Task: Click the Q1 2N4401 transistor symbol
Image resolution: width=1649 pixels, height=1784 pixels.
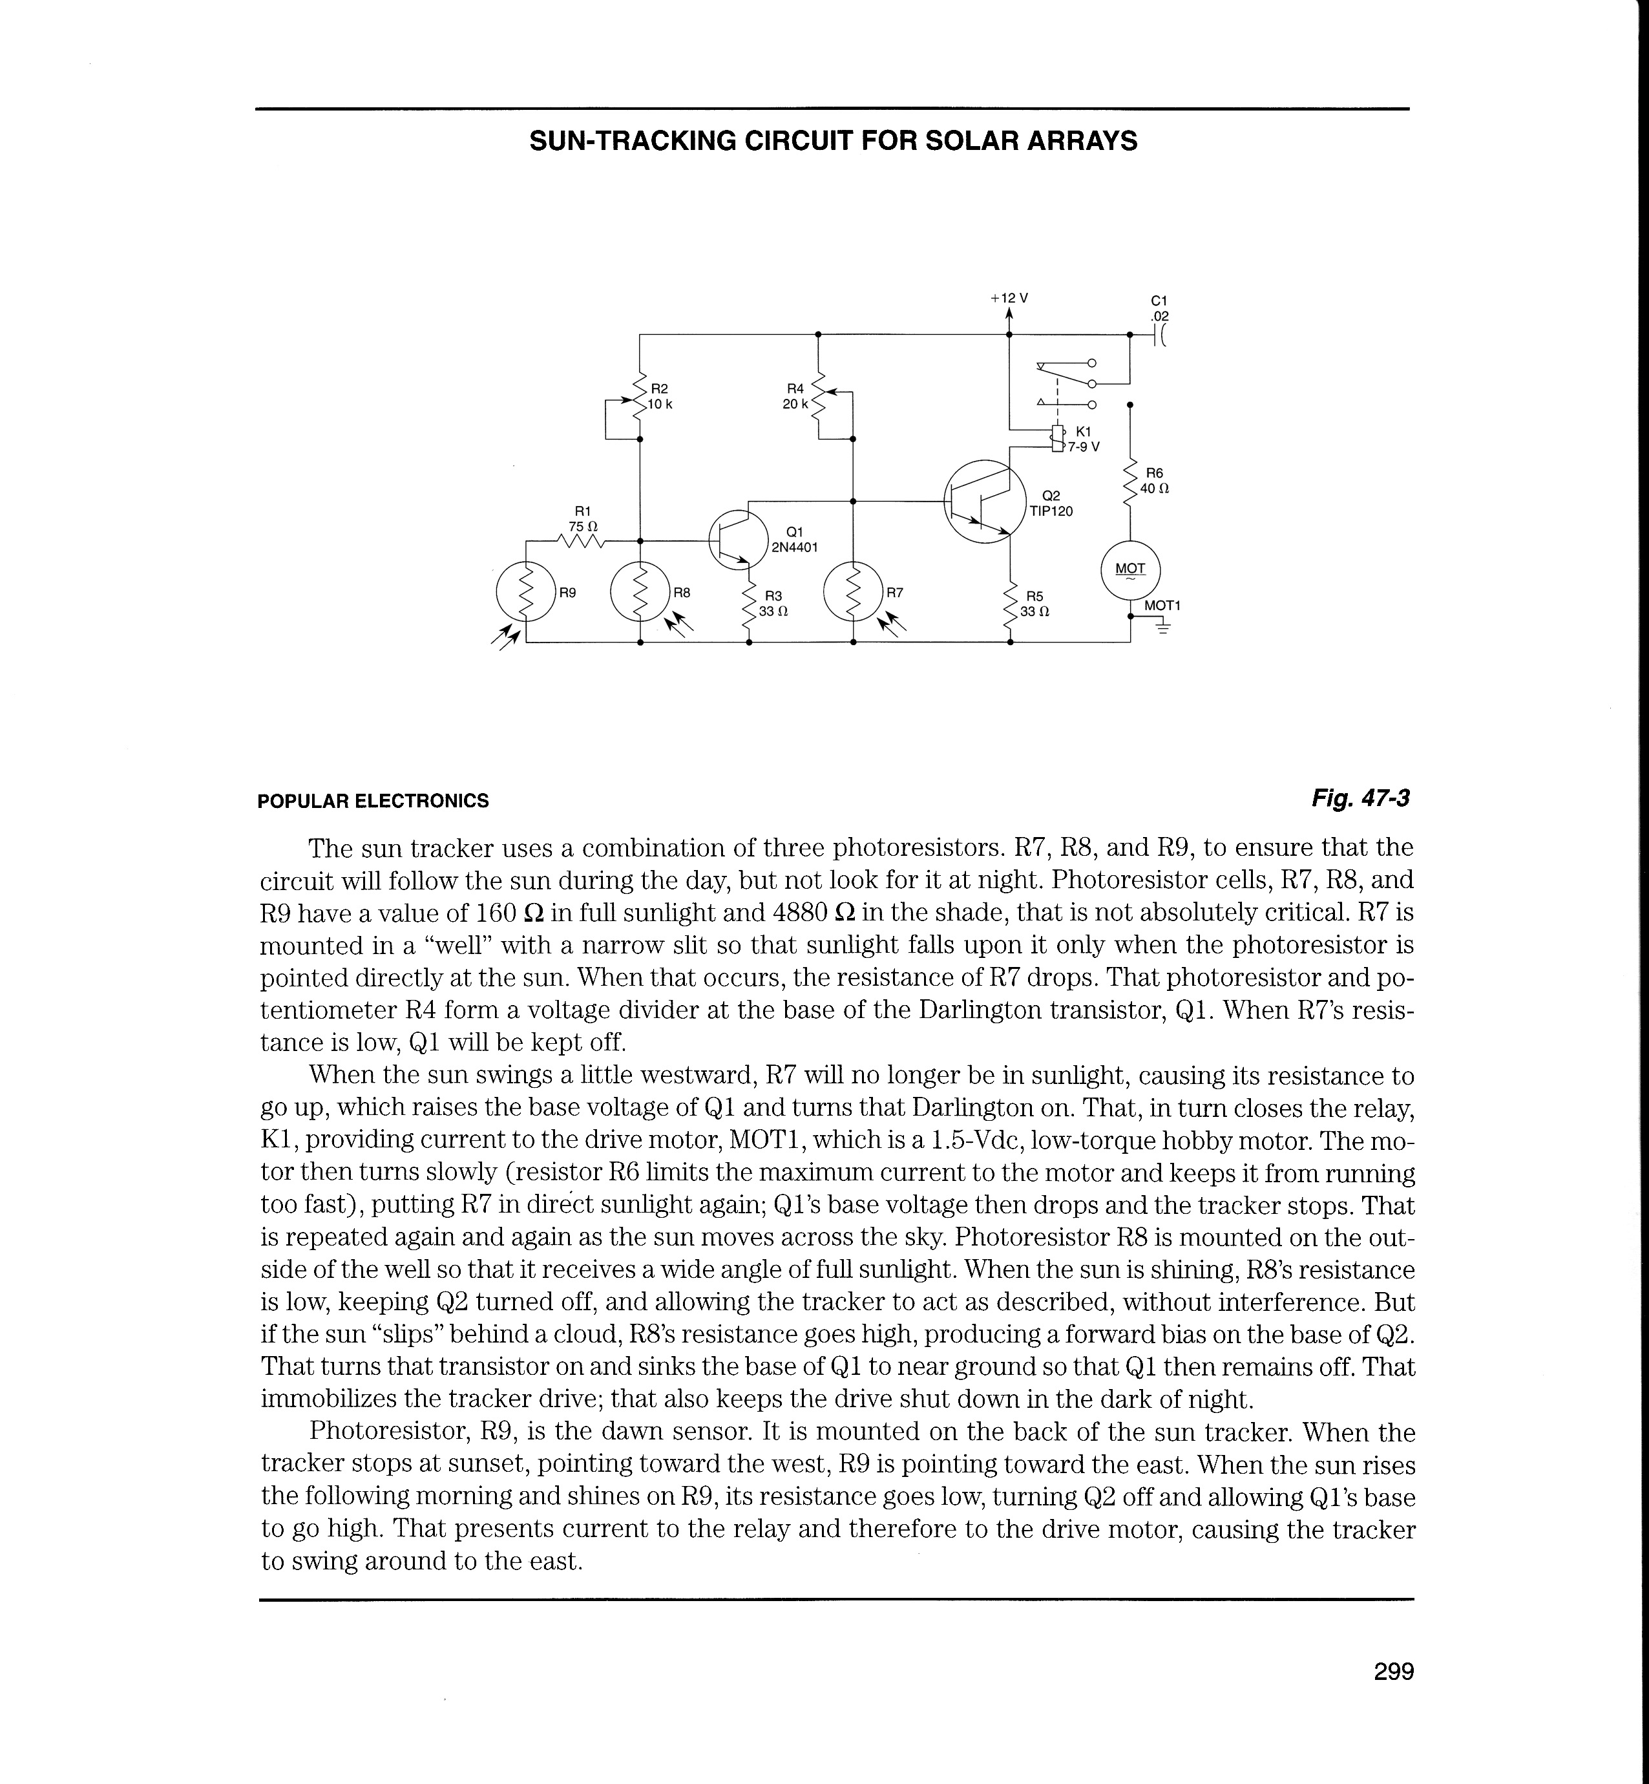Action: tap(739, 539)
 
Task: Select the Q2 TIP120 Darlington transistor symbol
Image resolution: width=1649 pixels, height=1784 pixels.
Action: tap(982, 502)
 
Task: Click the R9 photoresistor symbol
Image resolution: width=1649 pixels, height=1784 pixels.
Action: tap(525, 591)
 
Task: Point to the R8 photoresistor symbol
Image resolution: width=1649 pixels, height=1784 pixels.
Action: tap(640, 591)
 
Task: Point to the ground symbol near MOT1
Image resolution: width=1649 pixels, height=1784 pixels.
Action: tap(1162, 628)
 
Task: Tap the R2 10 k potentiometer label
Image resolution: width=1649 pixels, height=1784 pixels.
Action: tap(660, 396)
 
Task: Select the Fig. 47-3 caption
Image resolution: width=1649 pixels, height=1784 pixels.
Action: tap(1360, 798)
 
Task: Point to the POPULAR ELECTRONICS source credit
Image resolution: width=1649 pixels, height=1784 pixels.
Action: tap(373, 800)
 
